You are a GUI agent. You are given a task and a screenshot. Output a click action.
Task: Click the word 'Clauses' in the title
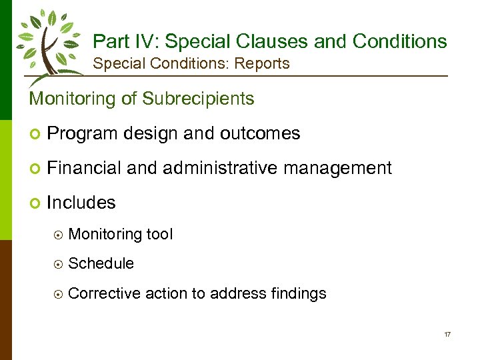pyautogui.click(x=271, y=41)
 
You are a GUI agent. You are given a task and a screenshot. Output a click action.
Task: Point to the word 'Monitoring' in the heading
pyautogui.click(x=73, y=99)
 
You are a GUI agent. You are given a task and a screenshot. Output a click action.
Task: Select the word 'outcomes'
pyautogui.click(x=265, y=133)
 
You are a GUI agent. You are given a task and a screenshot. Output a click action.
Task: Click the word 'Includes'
pyautogui.click(x=81, y=203)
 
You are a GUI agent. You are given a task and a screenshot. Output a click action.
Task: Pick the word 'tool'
pyautogui.click(x=159, y=234)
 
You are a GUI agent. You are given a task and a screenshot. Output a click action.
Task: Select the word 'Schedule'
pyautogui.click(x=101, y=263)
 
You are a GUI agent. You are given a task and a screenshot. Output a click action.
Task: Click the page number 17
pyautogui.click(x=447, y=333)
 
